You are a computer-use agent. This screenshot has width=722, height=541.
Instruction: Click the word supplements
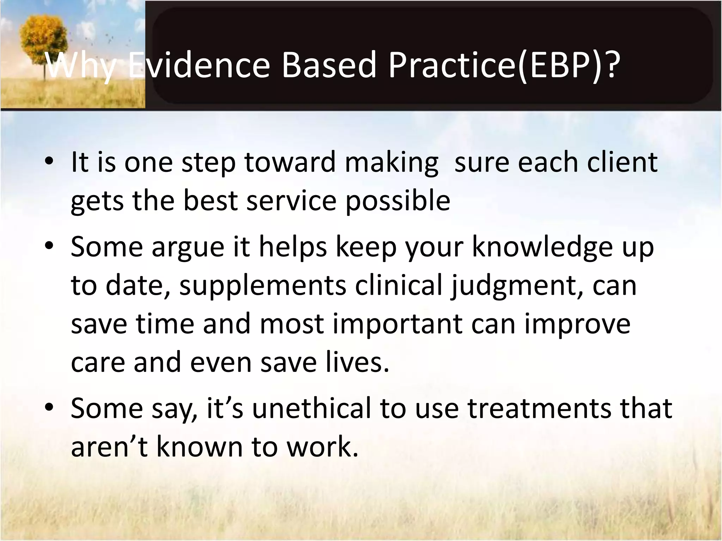coord(263,285)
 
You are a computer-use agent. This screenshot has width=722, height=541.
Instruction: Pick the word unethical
coord(312,408)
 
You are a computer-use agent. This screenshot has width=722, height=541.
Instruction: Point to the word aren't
coord(109,447)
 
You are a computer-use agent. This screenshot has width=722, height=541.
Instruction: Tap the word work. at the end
coord(322,447)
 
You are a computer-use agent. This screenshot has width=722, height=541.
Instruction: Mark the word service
coord(291,201)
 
